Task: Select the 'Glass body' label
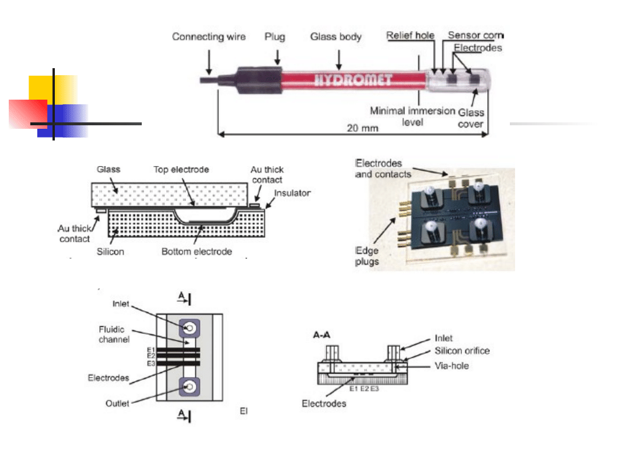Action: pos(335,37)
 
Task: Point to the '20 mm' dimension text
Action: pos(362,128)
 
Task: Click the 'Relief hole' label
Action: pos(411,36)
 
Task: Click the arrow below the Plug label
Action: pos(277,56)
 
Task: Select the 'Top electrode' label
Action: pos(181,170)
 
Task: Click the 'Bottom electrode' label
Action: pos(197,252)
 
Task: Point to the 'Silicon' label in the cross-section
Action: pos(110,252)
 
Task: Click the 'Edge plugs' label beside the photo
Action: pos(367,256)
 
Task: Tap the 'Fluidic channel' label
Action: pos(114,334)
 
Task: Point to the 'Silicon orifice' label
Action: pos(462,351)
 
